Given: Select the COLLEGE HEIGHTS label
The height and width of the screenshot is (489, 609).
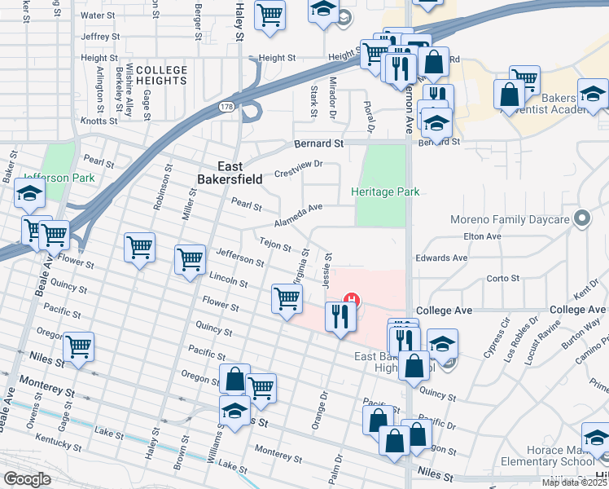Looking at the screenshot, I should point(161,76).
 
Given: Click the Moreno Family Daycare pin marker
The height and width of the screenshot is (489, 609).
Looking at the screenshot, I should point(581,218).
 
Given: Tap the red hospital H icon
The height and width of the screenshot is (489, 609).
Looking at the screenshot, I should point(353,299).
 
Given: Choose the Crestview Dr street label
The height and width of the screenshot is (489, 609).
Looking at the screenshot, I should point(299,169).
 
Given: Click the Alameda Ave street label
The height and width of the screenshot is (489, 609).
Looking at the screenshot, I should point(298,213).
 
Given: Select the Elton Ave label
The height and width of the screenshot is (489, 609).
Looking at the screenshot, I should point(480,236).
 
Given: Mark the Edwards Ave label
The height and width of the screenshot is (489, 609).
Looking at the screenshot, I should point(441,258).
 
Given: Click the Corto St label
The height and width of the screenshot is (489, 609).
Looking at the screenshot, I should point(502,279).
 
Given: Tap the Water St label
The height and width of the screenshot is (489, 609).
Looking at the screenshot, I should point(99,15).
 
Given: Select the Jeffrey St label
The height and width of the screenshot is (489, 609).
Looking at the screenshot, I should point(100,37).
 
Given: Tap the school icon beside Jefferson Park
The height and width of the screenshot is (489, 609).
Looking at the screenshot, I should point(29,194).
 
